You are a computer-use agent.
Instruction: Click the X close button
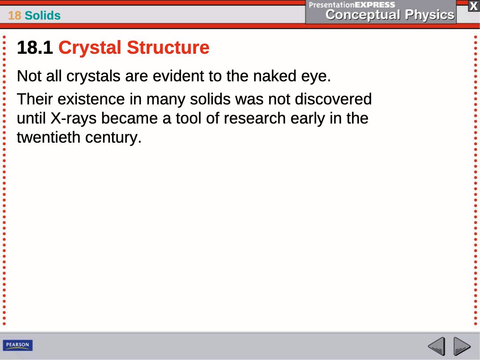[x=473, y=6]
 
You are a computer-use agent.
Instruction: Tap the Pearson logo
[x=18, y=345]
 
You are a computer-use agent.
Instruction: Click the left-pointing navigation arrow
[x=436, y=346]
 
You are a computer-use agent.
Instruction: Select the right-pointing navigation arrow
[x=462, y=346]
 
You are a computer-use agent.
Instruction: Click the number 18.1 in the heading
[x=35, y=48]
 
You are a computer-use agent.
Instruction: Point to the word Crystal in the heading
[x=90, y=48]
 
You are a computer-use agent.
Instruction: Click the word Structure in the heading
[x=168, y=48]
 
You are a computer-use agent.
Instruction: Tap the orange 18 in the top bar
[x=14, y=15]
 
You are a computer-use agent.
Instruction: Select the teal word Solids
[x=43, y=15]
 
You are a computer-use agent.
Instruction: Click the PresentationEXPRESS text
[x=352, y=4]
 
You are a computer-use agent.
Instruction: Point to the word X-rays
[x=73, y=119]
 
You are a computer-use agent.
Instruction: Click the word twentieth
[x=48, y=137]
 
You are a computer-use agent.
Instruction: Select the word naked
[x=275, y=76]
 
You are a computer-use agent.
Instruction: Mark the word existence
[x=91, y=99]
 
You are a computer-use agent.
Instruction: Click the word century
[x=113, y=138]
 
